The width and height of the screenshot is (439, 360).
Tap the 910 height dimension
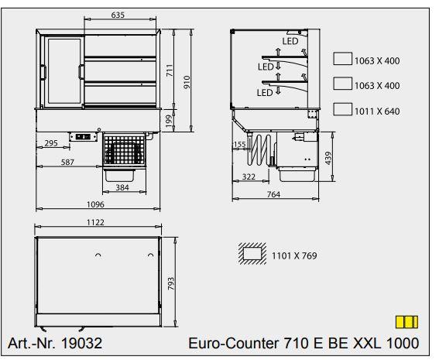tap(187, 82)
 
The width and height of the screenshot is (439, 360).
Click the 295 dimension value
tap(52, 144)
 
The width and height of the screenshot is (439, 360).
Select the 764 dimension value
tap(273, 195)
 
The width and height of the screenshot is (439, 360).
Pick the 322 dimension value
tap(248, 177)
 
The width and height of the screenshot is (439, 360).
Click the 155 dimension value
tap(239, 145)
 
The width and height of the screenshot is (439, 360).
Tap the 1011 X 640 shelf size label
tap(377, 111)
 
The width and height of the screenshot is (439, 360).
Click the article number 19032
tap(81, 342)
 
